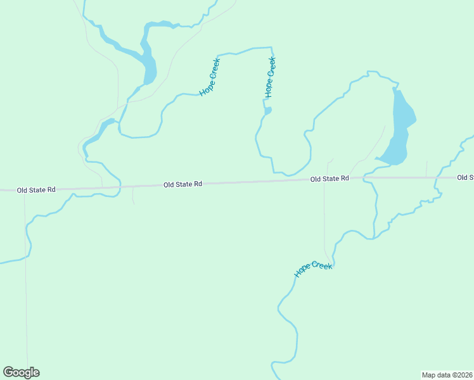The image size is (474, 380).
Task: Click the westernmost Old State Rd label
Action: click(x=36, y=189)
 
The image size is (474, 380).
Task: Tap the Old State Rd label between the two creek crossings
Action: click(x=183, y=184)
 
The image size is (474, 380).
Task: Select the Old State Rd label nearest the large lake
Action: click(x=330, y=179)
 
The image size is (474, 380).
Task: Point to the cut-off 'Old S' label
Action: click(x=465, y=177)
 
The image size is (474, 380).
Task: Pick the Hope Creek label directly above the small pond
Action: click(x=270, y=78)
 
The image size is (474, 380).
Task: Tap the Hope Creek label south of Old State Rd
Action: click(x=314, y=269)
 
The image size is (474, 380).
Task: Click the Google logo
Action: click(x=21, y=372)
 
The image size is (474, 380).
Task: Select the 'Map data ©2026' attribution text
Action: click(x=447, y=374)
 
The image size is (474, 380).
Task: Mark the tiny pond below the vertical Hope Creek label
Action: click(x=268, y=111)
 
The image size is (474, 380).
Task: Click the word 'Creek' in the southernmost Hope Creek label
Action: click(x=322, y=266)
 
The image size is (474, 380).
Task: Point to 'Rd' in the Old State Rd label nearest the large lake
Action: click(x=345, y=179)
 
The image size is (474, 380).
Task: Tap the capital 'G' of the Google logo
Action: click(x=8, y=372)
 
